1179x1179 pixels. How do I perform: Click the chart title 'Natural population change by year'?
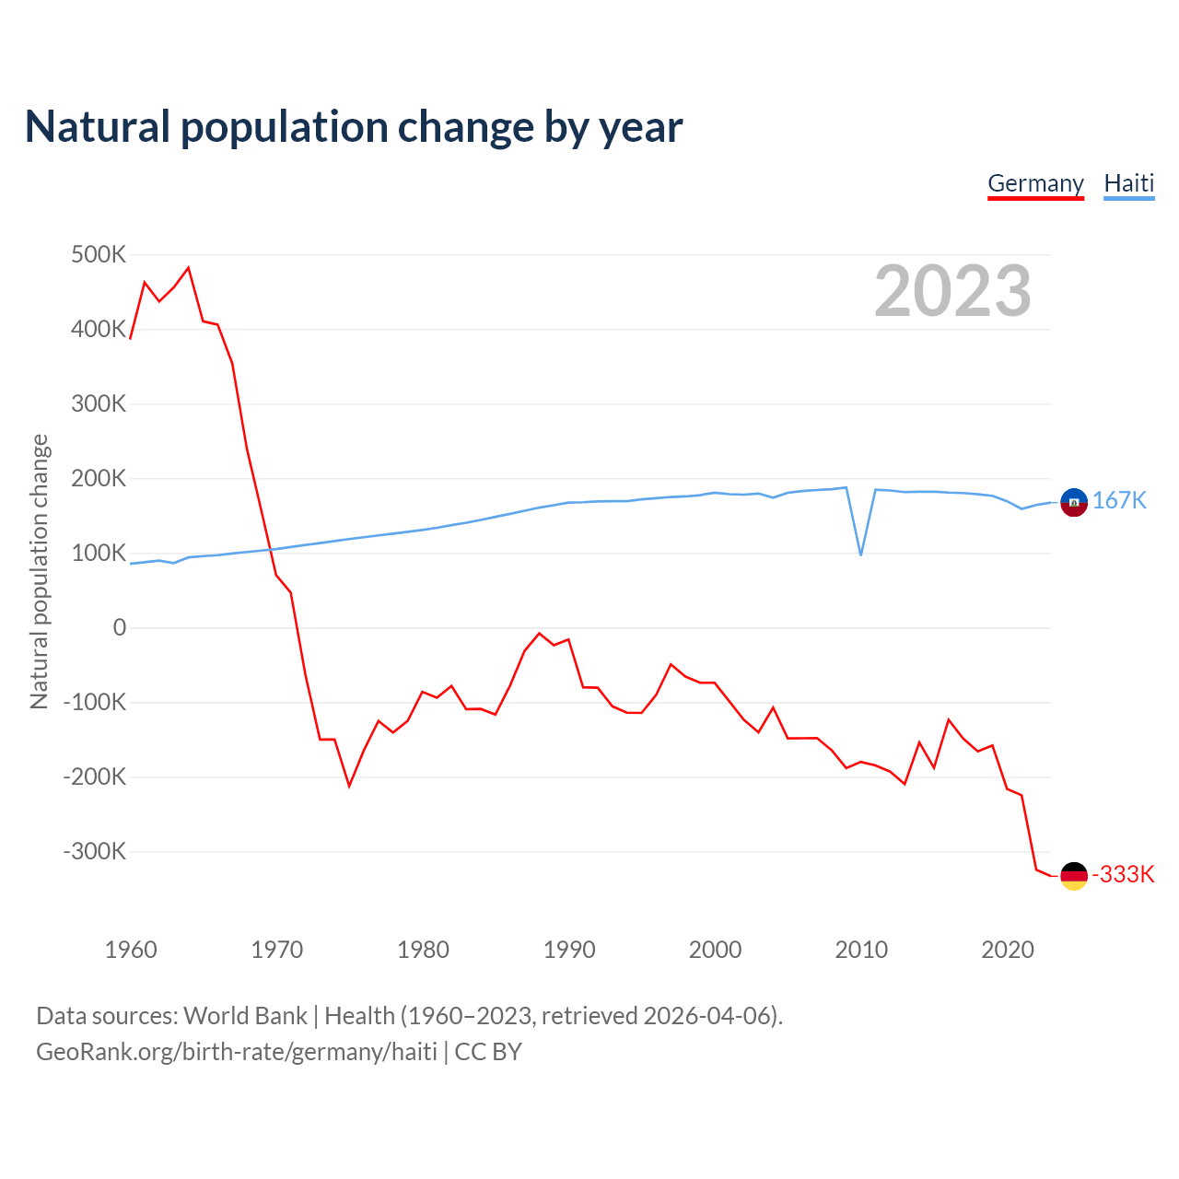tap(354, 127)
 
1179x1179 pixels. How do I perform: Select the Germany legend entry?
tap(1035, 183)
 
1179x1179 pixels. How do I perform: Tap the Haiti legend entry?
tap(1128, 183)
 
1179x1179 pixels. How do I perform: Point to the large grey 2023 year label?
tap(952, 291)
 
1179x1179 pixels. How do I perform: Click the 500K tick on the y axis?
tap(99, 254)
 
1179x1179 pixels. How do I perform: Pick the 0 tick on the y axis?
tap(120, 627)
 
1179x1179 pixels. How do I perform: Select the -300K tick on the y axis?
tap(95, 851)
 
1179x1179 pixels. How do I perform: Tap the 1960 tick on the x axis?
tap(131, 950)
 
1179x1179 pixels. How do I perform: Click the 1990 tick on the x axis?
tap(569, 950)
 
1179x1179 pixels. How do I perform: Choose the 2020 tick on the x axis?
tap(1008, 950)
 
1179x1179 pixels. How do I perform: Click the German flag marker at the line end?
tap(1074, 875)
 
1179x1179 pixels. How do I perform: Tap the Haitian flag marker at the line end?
tap(1074, 502)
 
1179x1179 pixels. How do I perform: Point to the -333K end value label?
tap(1123, 874)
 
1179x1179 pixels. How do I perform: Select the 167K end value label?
tap(1119, 500)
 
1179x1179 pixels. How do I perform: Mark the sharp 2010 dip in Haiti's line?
tap(861, 554)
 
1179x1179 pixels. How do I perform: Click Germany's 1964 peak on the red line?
tap(189, 268)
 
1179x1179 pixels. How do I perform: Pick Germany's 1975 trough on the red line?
tap(349, 786)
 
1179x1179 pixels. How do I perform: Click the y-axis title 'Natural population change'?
tap(40, 571)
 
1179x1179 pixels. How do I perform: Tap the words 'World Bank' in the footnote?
tap(245, 1015)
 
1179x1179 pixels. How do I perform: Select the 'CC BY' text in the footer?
tap(488, 1051)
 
